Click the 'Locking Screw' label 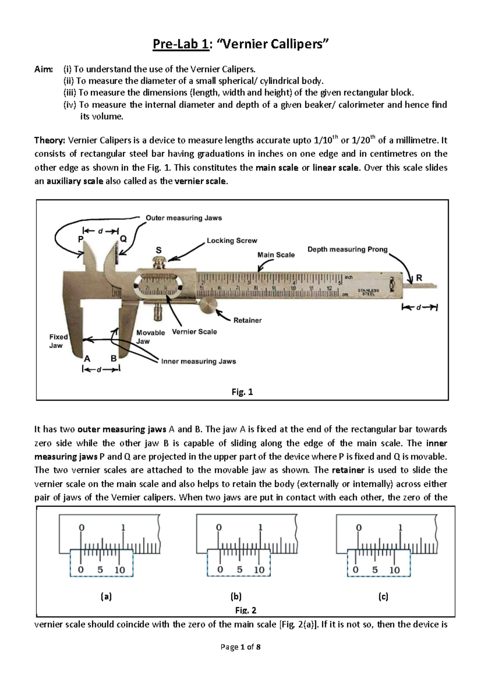232,241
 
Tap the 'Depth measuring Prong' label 347,249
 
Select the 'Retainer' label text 247,320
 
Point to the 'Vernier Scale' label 194,332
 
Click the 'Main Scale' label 276,255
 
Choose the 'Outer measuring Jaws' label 184,218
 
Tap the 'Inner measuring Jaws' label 198,361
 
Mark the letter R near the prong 419,278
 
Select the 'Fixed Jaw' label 58,341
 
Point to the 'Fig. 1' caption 242,392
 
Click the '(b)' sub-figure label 236,597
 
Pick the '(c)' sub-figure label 383,597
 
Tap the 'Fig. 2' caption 245,610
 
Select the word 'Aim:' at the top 43,69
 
